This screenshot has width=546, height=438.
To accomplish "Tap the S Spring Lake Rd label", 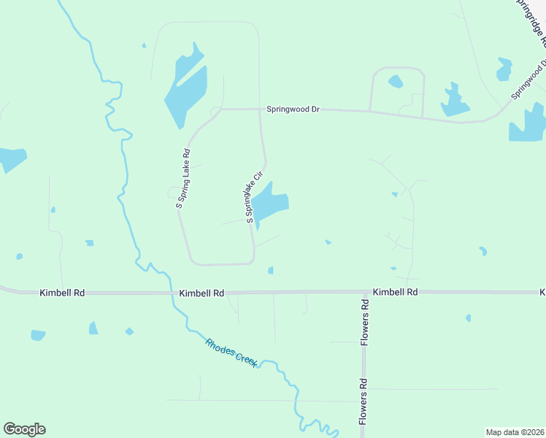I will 183,179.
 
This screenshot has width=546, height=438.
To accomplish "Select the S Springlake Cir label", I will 253,197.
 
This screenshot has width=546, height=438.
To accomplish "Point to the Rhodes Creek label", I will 231,353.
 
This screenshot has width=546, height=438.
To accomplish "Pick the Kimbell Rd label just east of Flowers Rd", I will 395,291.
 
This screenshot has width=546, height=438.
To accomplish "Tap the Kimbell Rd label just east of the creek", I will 201,293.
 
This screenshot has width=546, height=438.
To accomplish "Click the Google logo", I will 24,429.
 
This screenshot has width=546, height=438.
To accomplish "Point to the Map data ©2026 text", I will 515,432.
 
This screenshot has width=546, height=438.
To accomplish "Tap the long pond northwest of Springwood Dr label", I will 182,88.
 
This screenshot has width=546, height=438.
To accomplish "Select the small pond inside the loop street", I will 395,81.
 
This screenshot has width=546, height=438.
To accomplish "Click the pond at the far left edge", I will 11,158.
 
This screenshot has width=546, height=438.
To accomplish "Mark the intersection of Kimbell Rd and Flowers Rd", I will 363,292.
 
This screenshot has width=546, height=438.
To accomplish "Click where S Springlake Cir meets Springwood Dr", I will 261,109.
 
